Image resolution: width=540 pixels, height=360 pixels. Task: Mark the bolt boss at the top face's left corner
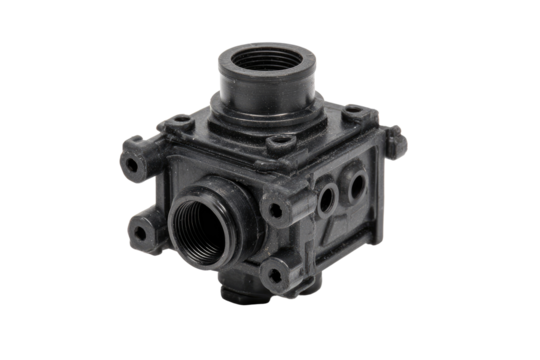[x=181, y=125]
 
